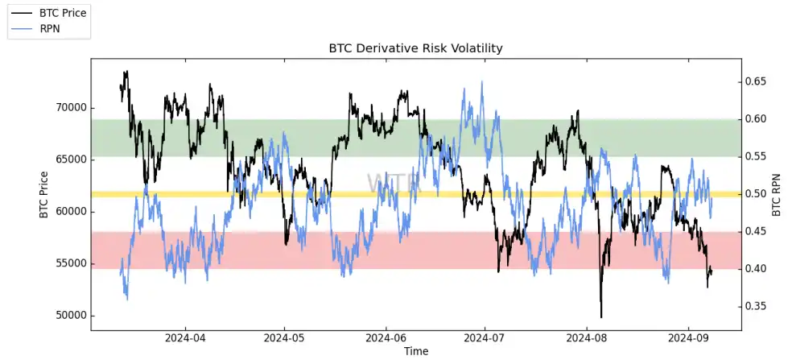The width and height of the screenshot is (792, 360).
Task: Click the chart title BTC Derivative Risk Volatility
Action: (x=415, y=48)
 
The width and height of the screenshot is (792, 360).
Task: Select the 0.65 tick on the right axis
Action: (x=760, y=82)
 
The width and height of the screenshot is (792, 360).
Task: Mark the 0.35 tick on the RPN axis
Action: (x=760, y=306)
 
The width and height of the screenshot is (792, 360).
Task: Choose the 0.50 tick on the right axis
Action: (x=760, y=194)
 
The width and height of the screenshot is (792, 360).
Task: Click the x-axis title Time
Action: (x=416, y=351)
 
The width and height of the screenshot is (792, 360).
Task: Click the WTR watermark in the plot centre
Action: (x=394, y=183)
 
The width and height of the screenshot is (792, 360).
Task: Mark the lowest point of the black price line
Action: (x=600, y=317)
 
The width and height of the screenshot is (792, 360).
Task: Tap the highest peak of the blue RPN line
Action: (x=482, y=81)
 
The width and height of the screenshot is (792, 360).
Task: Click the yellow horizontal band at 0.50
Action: (x=241, y=194)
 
